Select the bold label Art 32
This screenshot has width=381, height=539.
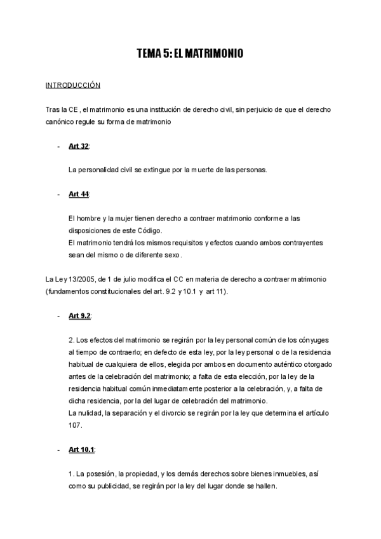click(78, 146)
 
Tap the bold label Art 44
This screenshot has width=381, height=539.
click(78, 194)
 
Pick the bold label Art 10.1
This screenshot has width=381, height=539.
click(81, 450)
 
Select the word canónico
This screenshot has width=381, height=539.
click(61, 121)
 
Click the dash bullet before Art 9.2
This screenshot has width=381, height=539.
click(58, 316)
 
